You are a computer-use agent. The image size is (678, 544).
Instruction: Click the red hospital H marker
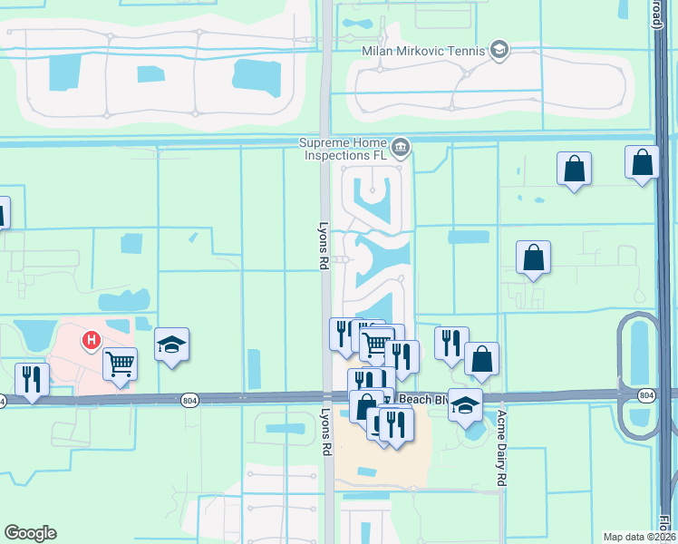(x=91, y=341)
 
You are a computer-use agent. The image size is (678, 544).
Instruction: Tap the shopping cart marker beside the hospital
(x=120, y=364)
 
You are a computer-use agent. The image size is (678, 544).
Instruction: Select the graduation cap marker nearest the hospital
(x=171, y=345)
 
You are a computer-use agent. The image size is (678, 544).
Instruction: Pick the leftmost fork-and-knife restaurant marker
(x=32, y=380)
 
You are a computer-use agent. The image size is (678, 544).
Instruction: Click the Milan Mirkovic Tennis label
(x=423, y=51)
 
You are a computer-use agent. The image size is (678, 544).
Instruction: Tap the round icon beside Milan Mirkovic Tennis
(x=499, y=50)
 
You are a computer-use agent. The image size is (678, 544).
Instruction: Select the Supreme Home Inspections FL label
(x=344, y=150)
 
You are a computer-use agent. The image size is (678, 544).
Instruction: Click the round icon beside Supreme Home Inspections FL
(x=401, y=146)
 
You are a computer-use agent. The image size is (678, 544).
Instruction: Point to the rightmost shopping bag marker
(x=642, y=163)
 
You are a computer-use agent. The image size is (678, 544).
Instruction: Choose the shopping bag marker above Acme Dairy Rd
(x=482, y=359)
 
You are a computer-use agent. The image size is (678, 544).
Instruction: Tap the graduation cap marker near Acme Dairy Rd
(x=465, y=404)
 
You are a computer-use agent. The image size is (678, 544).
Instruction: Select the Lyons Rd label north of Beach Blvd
(x=322, y=247)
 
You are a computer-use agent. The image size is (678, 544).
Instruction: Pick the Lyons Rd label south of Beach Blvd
(x=324, y=432)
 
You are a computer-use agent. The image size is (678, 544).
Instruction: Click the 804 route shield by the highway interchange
(x=645, y=395)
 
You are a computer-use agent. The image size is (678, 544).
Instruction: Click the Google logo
(x=30, y=533)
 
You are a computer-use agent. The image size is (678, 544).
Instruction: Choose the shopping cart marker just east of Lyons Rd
(x=377, y=345)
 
